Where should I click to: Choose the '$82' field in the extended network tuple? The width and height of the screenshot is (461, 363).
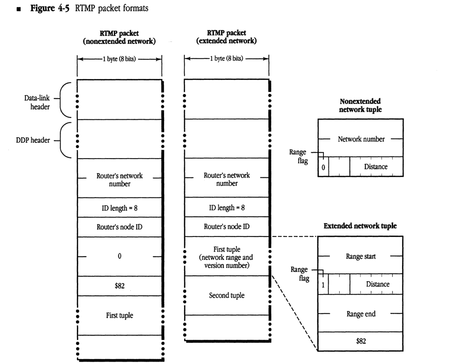[x=360, y=341]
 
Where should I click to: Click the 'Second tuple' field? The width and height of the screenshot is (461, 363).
[x=227, y=295]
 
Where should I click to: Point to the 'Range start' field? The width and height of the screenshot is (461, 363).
[x=360, y=257]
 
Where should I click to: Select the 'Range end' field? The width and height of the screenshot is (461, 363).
[x=360, y=314]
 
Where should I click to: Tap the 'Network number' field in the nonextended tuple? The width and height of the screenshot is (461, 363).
[x=360, y=139]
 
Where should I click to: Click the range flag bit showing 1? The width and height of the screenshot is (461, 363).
[x=323, y=284]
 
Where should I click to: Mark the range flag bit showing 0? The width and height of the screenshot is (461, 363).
[x=323, y=167]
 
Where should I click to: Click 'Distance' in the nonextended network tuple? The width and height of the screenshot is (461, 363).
[x=376, y=167]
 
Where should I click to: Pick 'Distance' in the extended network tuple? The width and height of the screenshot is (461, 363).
[x=377, y=284]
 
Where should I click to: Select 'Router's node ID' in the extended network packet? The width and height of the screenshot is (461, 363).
[x=227, y=227]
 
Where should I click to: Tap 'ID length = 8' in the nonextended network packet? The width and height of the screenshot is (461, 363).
[x=119, y=208]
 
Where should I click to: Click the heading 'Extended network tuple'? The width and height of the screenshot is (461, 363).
[x=360, y=226]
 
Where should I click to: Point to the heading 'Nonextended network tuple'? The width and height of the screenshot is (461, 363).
[x=360, y=105]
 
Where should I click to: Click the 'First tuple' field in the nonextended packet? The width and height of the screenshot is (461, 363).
[x=119, y=316]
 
